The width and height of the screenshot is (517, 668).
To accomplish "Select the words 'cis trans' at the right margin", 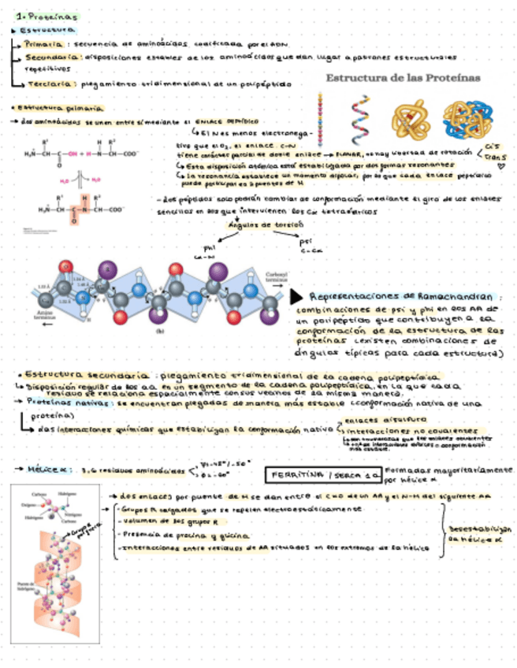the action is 494,151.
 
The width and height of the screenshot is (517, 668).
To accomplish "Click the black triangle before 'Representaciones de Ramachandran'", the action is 295,296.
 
